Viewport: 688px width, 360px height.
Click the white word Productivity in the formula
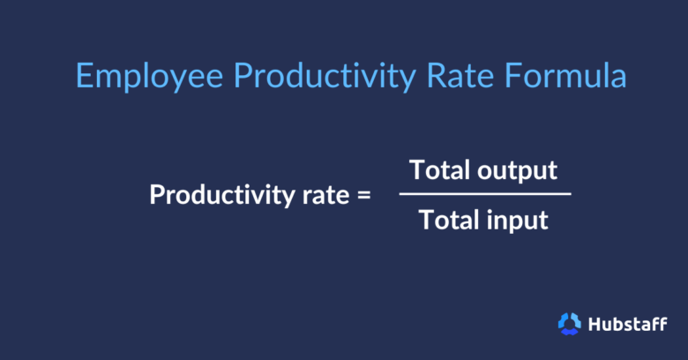tap(220, 195)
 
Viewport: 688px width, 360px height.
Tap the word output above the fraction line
tap(520, 170)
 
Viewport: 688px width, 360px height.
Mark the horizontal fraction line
tap(484, 194)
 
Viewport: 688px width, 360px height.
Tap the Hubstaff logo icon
tap(569, 324)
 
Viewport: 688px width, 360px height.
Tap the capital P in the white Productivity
tap(157, 194)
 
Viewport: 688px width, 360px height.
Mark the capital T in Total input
tap(426, 220)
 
